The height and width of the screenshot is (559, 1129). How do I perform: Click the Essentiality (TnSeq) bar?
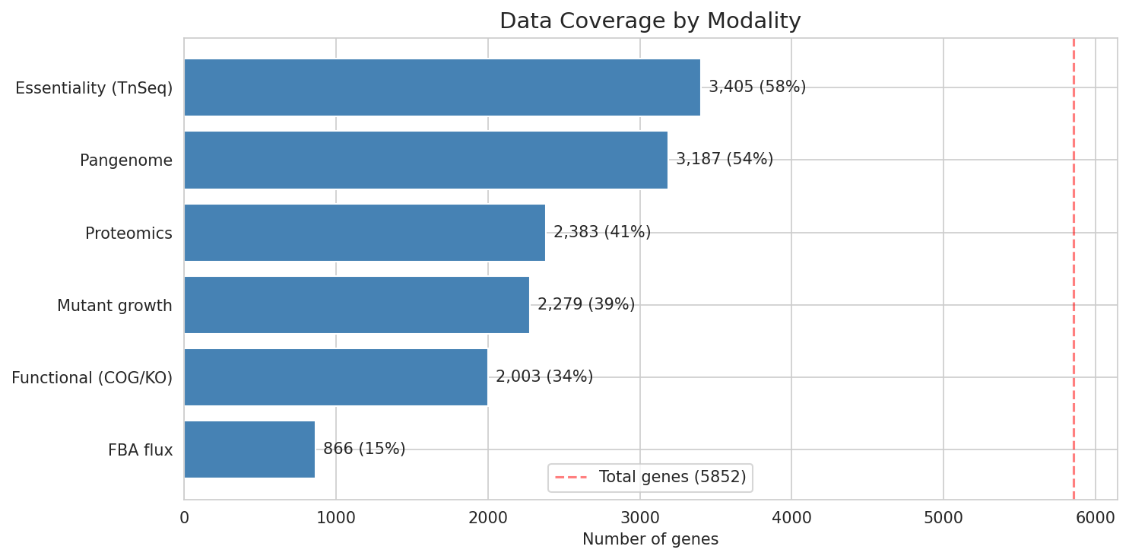coord(442,87)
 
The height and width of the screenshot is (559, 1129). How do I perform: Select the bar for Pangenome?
coord(426,160)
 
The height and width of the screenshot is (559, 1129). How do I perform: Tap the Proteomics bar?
coord(364,233)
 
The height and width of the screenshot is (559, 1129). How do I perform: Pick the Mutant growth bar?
coord(357,305)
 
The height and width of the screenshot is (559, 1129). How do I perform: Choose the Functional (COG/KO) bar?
coord(335,377)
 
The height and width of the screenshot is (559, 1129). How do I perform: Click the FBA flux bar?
coord(249,449)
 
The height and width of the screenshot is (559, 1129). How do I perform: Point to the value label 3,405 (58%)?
coord(756,87)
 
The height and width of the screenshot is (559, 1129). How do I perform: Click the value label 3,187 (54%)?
coord(724,160)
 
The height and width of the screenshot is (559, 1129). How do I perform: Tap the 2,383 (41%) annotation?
coord(601,233)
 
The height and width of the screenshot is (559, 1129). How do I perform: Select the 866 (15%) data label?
coord(364,449)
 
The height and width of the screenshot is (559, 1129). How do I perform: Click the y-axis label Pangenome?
coord(126,160)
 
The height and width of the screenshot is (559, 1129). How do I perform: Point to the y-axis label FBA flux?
coord(140,450)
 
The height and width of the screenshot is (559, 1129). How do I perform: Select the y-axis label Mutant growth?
coord(115,306)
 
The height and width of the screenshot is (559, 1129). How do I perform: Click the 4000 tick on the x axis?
coord(791,518)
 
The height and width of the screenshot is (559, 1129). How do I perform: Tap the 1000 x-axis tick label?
coord(336,518)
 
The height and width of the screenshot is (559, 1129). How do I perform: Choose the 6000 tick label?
coord(1096,518)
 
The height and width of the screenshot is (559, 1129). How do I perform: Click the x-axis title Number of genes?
coord(650,540)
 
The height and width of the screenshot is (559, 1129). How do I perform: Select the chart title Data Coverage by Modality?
coord(650,21)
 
